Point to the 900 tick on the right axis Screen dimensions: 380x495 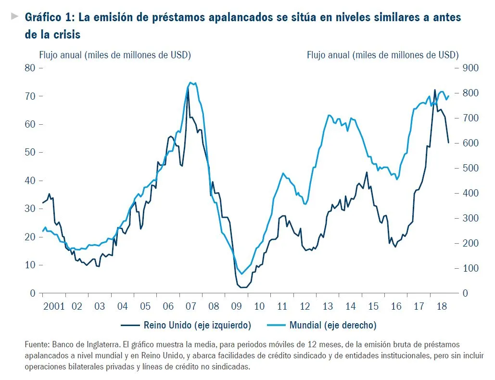click(x=470, y=68)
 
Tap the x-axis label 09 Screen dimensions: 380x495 click(x=236, y=306)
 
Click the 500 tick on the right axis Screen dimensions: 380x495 click(x=470, y=168)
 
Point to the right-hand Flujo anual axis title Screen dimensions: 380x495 click(x=382, y=55)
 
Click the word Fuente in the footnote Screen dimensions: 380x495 click(x=37, y=345)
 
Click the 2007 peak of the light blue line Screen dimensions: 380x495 click(x=191, y=82)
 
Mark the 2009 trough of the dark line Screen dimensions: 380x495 click(x=243, y=288)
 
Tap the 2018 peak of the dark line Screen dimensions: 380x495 click(x=435, y=90)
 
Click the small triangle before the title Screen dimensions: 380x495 click(x=14, y=16)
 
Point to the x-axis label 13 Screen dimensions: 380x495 click(x=328, y=306)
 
